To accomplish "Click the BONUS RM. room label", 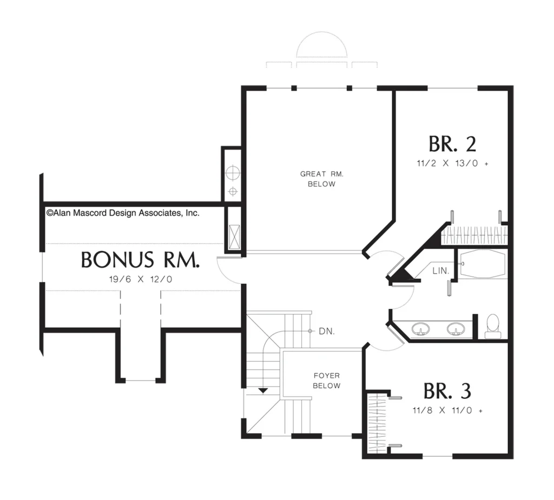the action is click(x=140, y=259).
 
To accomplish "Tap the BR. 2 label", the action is click(x=452, y=144).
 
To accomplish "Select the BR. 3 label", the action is click(x=447, y=391).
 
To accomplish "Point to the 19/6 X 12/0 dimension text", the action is click(x=141, y=279).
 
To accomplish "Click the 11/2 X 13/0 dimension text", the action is click(x=452, y=163).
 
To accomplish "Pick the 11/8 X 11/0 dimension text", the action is click(x=447, y=411).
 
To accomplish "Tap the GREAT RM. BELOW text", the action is click(x=321, y=179).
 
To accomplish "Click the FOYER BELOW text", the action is click(x=326, y=380).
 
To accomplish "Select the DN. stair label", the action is click(x=326, y=331).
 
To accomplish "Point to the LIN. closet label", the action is click(x=440, y=271).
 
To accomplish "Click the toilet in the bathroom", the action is click(x=492, y=326).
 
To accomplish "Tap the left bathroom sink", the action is click(x=421, y=328).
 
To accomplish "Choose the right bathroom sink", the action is click(x=456, y=328).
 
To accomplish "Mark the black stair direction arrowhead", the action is click(x=263, y=391).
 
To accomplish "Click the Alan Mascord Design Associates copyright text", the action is click(x=123, y=213).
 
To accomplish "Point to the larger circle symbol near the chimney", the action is click(x=233, y=173).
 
